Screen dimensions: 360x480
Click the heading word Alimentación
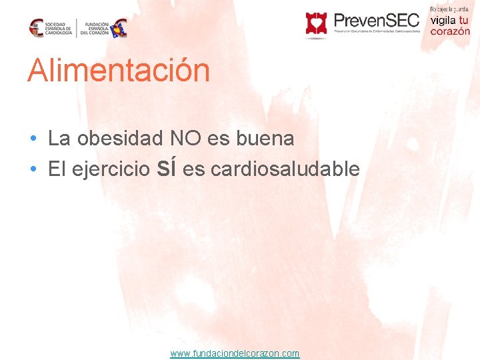pyautogui.click(x=119, y=71)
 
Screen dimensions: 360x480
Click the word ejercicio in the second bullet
pyautogui.click(x=111, y=169)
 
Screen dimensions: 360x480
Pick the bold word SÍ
pyautogui.click(x=167, y=169)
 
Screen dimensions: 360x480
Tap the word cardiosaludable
pyautogui.click(x=285, y=169)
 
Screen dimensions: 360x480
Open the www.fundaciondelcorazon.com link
pyautogui.click(x=235, y=353)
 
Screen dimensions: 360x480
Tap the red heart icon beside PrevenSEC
pyautogui.click(x=316, y=23)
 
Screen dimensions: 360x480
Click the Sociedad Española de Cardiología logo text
pyautogui.click(x=58, y=28)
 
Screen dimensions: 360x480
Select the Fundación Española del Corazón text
pyautogui.click(x=95, y=28)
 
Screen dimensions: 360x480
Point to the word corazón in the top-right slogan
pyautogui.click(x=450, y=31)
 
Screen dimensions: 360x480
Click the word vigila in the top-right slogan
pyautogui.click(x=443, y=20)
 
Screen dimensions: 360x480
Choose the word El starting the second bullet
pyautogui.click(x=57, y=169)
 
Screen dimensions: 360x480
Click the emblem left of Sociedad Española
pyautogui.click(x=36, y=28)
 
